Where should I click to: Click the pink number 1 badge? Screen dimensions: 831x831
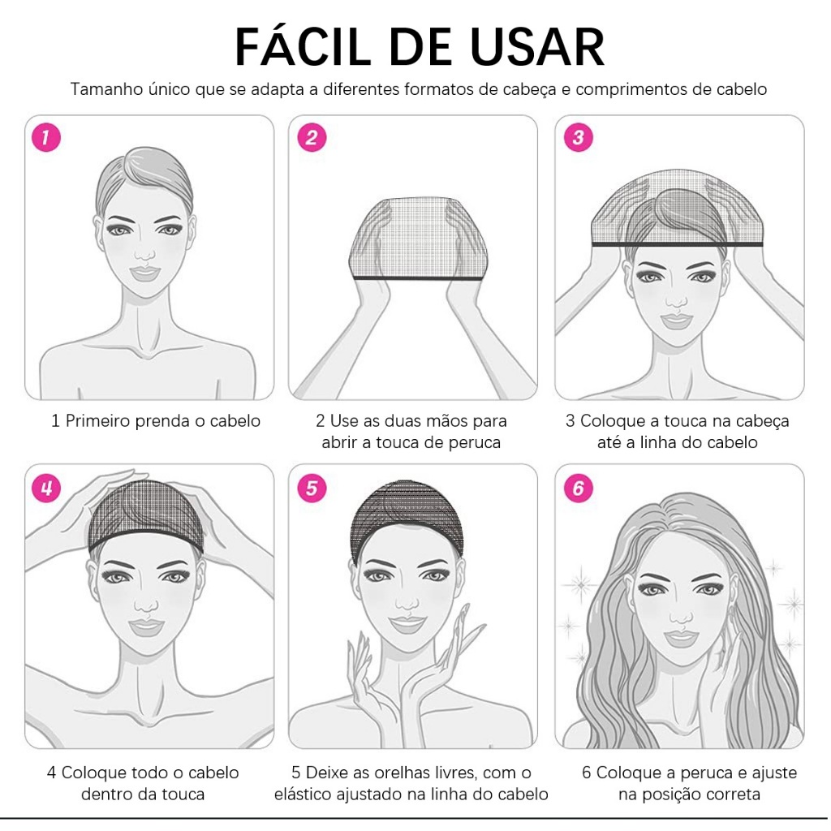pos(46,137)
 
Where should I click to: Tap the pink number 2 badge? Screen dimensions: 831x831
pos(312,137)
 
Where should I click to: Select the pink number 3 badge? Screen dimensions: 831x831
pos(578,137)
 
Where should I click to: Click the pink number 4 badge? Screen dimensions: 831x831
pos(46,488)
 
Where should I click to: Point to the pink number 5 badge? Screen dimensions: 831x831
pos(312,488)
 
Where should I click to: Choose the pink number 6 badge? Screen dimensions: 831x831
pos(578,488)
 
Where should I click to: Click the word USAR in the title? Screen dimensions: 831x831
pos(537,47)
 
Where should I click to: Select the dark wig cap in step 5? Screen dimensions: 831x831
pos(407,519)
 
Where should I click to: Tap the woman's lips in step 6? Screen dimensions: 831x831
pos(681,639)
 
